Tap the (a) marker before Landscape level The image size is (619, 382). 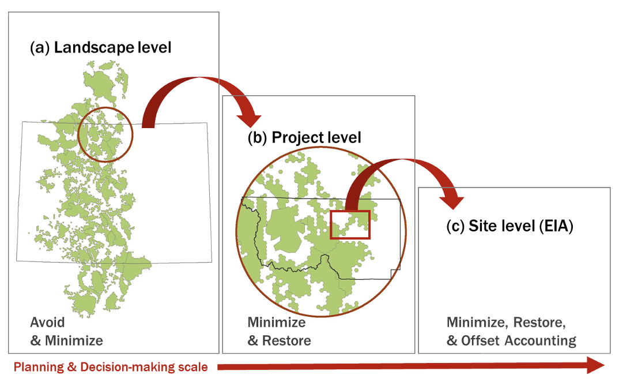(40, 47)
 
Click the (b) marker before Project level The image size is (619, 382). (257, 137)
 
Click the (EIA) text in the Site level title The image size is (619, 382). (556, 226)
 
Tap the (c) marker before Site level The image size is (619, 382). (456, 226)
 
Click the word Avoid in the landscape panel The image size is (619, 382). (47, 322)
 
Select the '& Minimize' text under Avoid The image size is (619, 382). (66, 340)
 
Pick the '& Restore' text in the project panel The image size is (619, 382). (279, 340)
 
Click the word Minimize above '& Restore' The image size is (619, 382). (276, 322)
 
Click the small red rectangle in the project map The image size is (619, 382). (350, 225)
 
